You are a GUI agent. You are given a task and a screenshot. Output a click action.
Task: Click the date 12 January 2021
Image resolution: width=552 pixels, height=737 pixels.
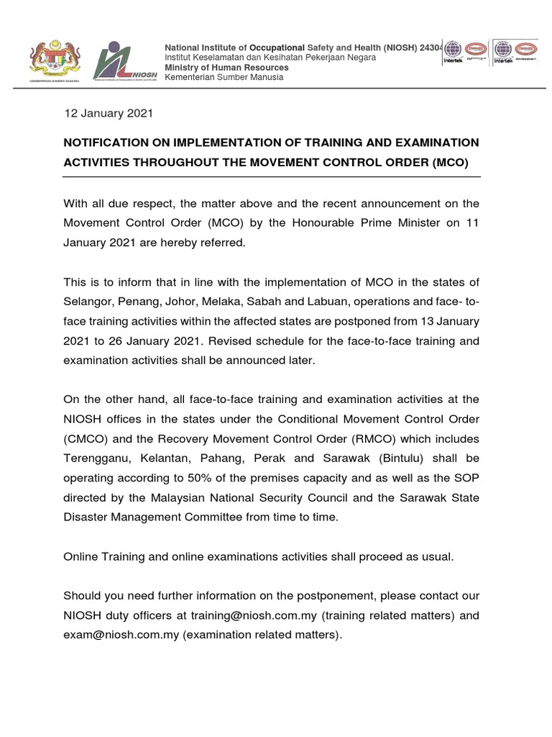[108, 113]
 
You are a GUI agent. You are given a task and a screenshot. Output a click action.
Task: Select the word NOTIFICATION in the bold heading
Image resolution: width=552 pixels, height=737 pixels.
[107, 143]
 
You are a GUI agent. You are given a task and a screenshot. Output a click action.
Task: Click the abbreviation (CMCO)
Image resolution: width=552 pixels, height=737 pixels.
[88, 438]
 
